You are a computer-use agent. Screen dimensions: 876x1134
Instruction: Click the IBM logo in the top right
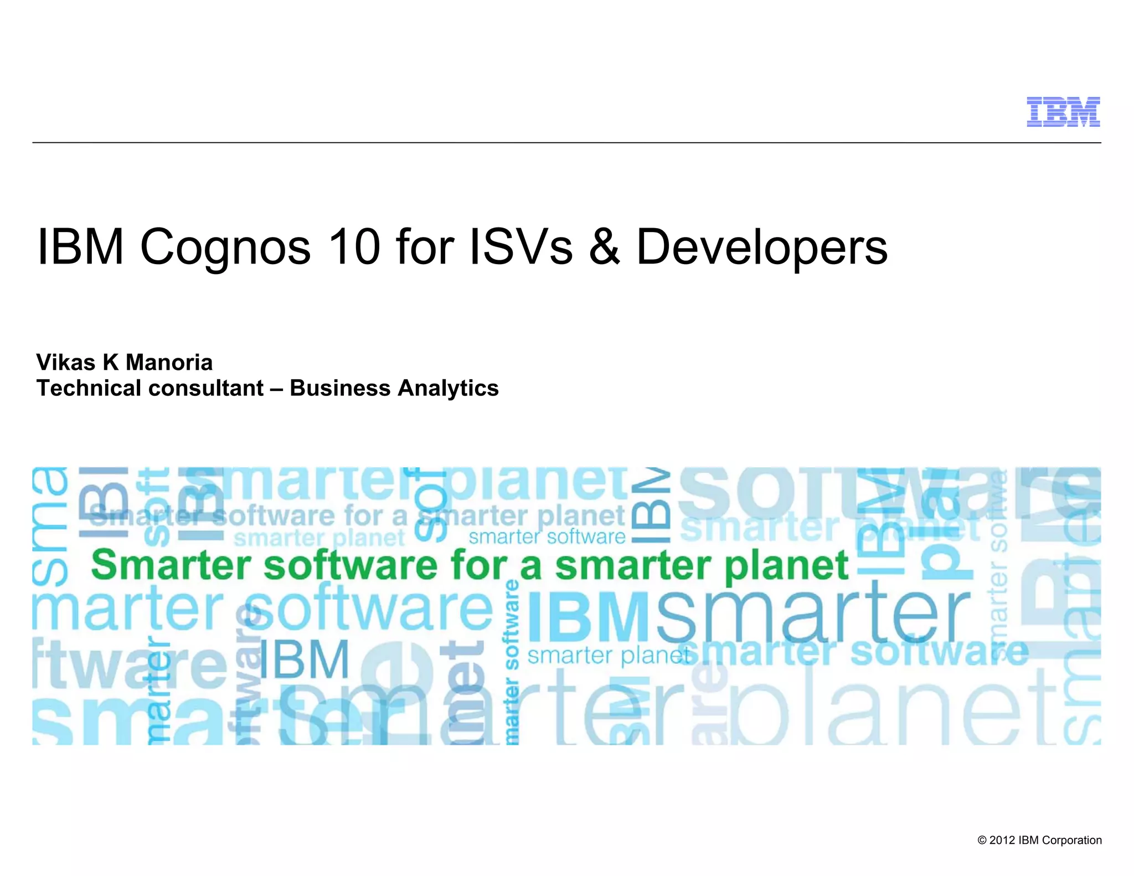[1063, 112]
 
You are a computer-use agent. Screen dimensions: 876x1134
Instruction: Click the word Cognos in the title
[226, 248]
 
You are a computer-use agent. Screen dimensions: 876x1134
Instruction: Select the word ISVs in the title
[521, 246]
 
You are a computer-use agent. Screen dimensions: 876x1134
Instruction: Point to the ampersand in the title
[605, 246]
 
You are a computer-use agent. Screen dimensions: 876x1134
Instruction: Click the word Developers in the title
[762, 248]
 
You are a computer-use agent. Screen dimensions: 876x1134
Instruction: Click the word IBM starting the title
[81, 246]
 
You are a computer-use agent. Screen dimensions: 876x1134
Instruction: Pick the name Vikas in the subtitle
[66, 363]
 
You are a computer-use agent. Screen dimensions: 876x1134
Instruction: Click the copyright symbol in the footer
[982, 841]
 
